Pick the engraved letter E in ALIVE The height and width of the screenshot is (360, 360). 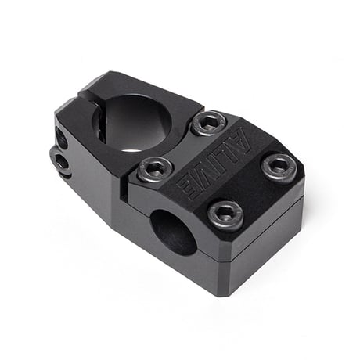[189, 185]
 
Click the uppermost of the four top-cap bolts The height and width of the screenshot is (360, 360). [208, 123]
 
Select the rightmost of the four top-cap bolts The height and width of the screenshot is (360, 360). [279, 167]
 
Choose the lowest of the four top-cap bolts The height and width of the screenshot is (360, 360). [226, 214]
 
